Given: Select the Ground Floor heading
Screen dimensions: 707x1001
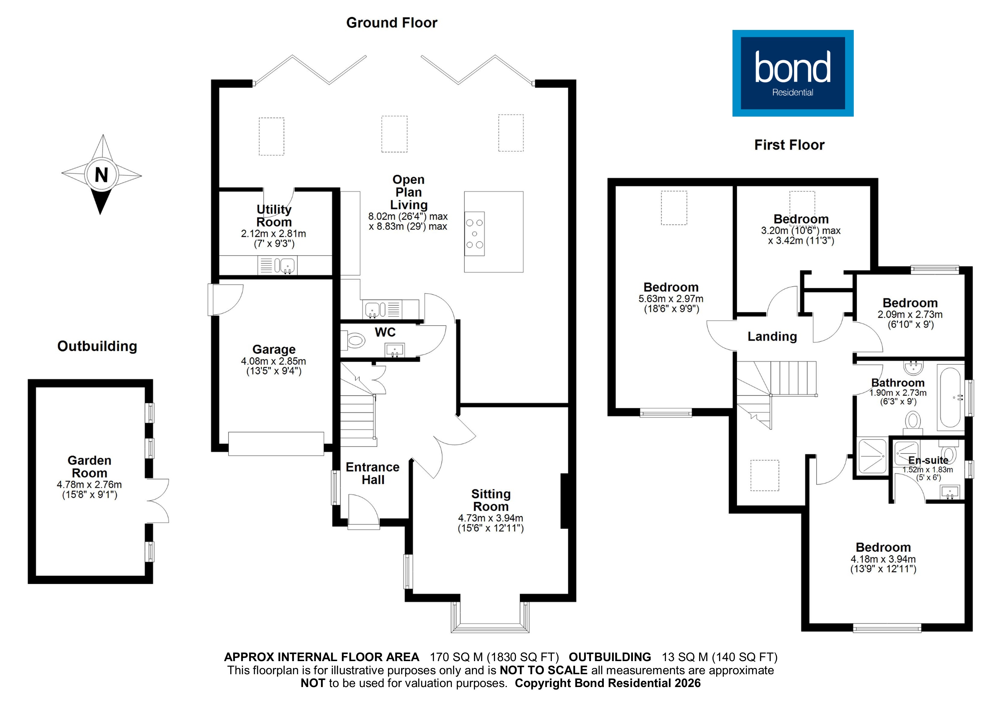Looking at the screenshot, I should point(391,23).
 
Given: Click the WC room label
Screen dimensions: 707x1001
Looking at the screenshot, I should point(385,332).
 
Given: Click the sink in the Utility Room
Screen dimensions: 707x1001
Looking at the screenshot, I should point(286,265).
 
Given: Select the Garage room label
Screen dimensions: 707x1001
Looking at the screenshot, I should point(274,349).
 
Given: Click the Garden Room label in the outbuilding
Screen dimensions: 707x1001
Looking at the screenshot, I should point(89,467).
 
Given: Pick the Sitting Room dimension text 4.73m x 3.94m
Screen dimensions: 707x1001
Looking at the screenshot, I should point(491,518).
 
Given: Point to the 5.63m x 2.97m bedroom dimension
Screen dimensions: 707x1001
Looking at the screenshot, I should point(671,299).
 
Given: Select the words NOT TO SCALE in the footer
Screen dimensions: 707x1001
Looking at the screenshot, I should point(543,670).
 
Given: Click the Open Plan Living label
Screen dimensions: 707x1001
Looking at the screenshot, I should point(409,192).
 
